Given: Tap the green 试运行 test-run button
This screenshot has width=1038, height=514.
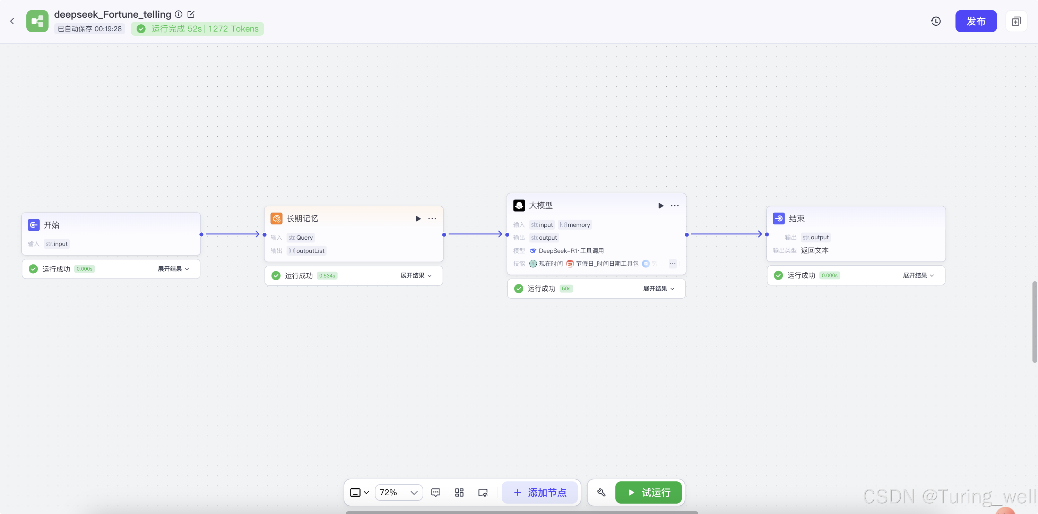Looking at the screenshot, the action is pyautogui.click(x=648, y=492).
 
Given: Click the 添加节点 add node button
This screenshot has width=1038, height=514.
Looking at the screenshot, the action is pyautogui.click(x=540, y=492).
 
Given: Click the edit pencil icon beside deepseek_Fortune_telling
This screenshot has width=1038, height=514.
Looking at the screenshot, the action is pyautogui.click(x=191, y=15).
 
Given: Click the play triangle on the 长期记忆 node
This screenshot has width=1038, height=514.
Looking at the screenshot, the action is pyautogui.click(x=418, y=219).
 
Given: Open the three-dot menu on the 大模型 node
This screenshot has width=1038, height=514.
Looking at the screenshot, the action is pyautogui.click(x=675, y=206).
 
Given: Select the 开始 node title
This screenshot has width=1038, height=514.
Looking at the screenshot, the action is pyautogui.click(x=52, y=225).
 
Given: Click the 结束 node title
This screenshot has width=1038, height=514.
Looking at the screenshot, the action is pyautogui.click(x=796, y=219).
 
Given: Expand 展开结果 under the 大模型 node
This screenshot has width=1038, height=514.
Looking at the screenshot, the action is pyautogui.click(x=658, y=289).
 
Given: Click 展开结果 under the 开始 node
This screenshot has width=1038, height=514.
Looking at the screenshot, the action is pyautogui.click(x=173, y=269).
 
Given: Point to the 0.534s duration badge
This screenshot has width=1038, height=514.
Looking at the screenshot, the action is pyautogui.click(x=327, y=276).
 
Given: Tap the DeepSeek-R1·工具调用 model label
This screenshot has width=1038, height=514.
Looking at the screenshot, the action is pyautogui.click(x=571, y=251).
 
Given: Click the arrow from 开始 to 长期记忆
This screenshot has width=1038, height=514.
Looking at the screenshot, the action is pyautogui.click(x=233, y=234).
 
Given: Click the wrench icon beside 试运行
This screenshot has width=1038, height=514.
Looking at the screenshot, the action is pyautogui.click(x=601, y=492).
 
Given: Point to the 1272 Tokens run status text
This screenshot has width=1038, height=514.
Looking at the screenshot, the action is pyautogui.click(x=233, y=29).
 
